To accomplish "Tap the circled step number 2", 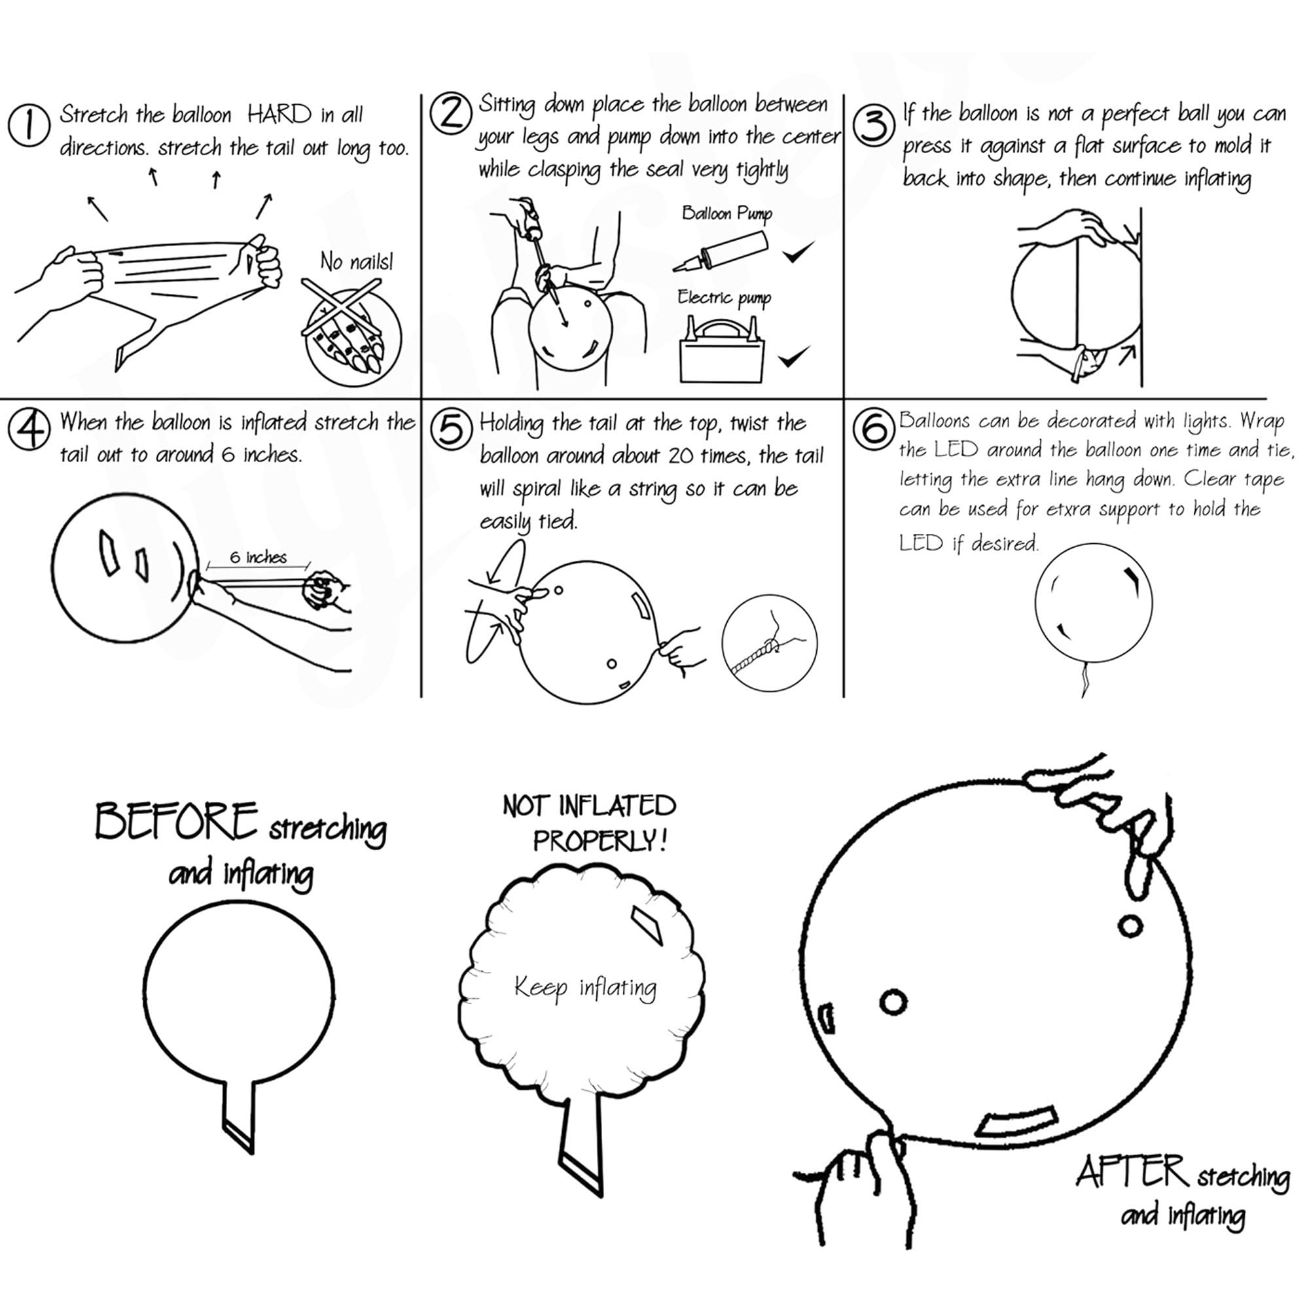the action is point(450,113).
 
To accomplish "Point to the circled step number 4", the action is point(28,429).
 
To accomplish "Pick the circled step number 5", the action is point(451,429).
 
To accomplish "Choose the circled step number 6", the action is point(874,428).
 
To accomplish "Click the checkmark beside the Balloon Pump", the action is point(798,252).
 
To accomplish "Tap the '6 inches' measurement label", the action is point(258,557).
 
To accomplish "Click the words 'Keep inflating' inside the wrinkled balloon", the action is point(585,987).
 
